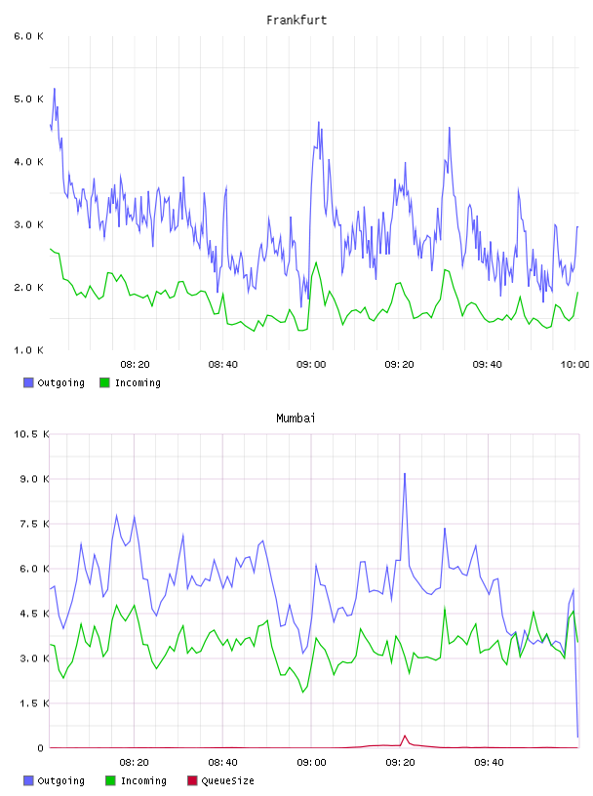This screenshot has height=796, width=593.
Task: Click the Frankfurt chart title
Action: click(x=296, y=20)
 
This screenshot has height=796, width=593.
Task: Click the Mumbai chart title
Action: click(x=296, y=418)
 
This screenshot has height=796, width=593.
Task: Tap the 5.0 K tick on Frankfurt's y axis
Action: click(x=29, y=99)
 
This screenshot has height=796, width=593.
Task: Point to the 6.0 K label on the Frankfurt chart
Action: click(x=29, y=36)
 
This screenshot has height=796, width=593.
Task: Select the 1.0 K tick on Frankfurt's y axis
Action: click(x=29, y=350)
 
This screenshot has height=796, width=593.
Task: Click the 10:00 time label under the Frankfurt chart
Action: click(x=574, y=365)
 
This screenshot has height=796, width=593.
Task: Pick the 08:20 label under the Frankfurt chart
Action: click(x=135, y=365)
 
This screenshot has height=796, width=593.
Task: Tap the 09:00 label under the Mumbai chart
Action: click(x=311, y=763)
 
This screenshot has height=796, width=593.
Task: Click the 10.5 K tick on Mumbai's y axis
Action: click(x=31, y=434)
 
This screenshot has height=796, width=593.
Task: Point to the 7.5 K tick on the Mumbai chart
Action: click(x=34, y=524)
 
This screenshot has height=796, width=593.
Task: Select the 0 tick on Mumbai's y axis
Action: click(x=41, y=748)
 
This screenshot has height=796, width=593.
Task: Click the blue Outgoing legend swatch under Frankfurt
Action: click(x=28, y=382)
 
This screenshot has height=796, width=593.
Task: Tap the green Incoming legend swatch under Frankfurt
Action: click(x=104, y=382)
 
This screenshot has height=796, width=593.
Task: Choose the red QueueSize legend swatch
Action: click(x=192, y=780)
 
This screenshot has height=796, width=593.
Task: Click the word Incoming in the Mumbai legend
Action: click(x=143, y=780)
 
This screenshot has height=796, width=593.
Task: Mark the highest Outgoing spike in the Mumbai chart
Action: click(x=405, y=474)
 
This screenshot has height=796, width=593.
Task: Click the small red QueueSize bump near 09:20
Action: click(x=405, y=736)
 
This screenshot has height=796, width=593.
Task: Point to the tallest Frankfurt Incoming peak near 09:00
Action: click(x=316, y=262)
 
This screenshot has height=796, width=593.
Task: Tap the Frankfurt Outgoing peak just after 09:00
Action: click(x=319, y=122)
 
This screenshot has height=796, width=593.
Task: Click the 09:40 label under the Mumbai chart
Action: click(x=489, y=763)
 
